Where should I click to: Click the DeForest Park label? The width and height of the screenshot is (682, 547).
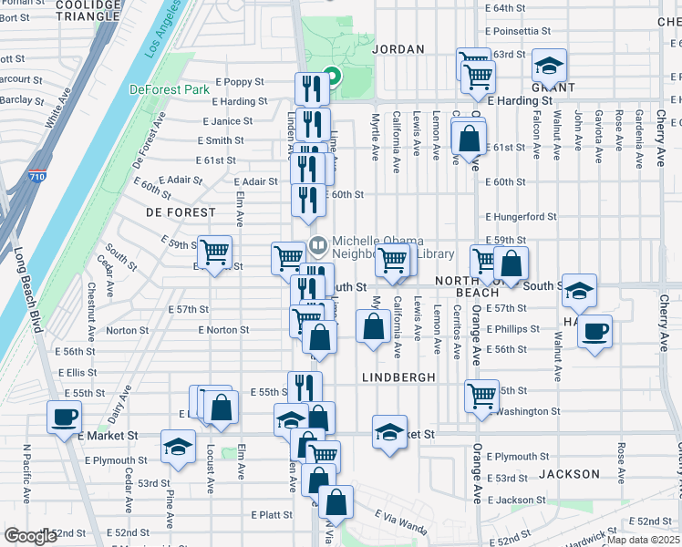click(x=170, y=89)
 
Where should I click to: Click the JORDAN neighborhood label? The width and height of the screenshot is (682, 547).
click(x=398, y=49)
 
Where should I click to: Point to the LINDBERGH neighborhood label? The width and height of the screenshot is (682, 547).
click(x=398, y=377)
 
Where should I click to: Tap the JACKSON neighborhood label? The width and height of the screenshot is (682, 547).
click(x=569, y=474)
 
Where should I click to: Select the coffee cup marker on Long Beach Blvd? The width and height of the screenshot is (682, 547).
click(x=64, y=418)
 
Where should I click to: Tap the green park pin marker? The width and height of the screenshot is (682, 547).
click(x=332, y=77)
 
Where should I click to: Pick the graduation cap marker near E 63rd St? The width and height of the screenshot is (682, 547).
click(x=549, y=65)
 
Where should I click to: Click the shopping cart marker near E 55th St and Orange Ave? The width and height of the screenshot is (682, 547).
click(x=481, y=396)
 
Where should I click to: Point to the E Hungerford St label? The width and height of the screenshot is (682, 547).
click(x=521, y=217)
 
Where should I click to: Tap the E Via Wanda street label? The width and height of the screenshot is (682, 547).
click(x=401, y=516)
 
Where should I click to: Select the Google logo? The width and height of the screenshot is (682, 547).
click(x=31, y=536)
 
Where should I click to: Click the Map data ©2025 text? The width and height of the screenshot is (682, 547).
click(x=643, y=540)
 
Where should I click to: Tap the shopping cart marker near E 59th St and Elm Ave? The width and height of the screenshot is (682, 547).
click(x=215, y=251)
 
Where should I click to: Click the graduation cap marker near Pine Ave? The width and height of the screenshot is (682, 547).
click(x=178, y=446)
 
